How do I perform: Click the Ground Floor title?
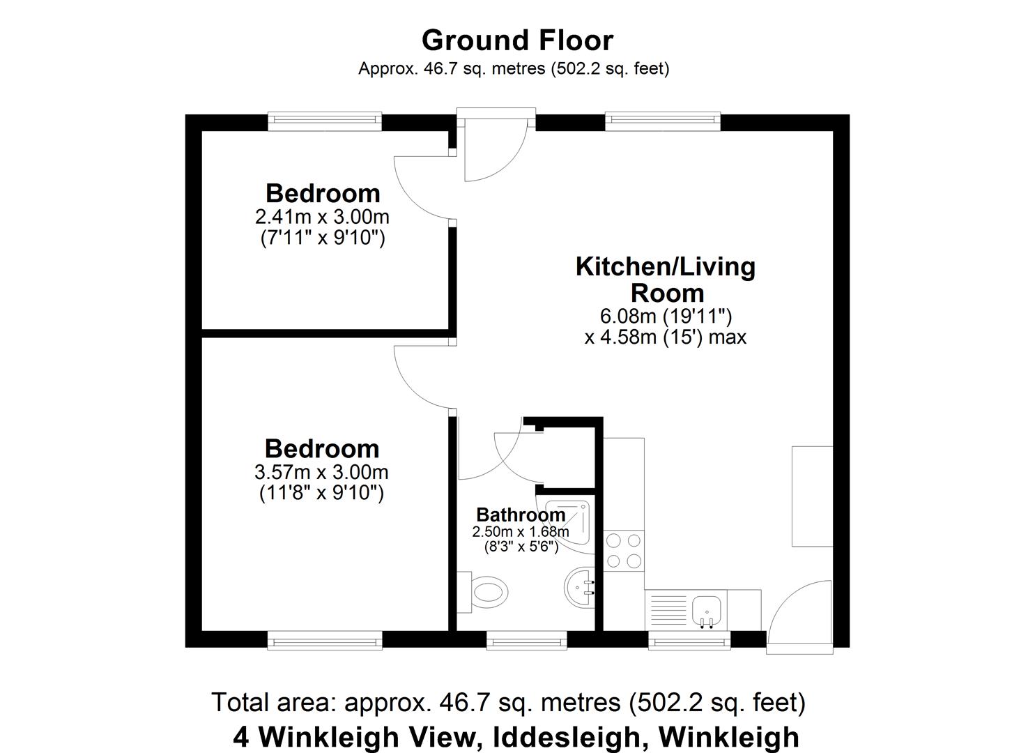(517, 40)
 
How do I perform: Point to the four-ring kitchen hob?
(624, 551)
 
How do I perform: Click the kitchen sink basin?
(707, 610)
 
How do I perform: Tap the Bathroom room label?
(521, 515)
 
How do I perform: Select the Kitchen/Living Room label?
(666, 279)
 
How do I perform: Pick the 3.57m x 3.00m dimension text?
(321, 472)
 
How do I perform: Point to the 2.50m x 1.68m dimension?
(521, 531)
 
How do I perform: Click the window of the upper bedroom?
(325, 121)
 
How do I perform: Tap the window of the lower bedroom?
(325, 640)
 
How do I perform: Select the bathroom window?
(526, 640)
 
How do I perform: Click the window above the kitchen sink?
(689, 640)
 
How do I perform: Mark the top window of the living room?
(662, 121)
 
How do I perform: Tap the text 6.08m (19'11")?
(666, 316)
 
